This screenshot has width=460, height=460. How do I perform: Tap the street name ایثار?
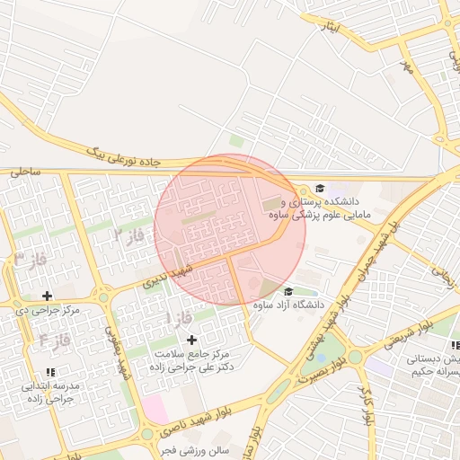(331, 27)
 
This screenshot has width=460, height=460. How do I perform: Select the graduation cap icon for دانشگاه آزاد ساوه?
(287, 291)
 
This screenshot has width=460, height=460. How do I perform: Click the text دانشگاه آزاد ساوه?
(285, 305)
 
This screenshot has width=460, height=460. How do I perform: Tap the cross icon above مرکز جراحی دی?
(47, 296)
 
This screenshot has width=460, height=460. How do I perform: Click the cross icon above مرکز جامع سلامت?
(190, 340)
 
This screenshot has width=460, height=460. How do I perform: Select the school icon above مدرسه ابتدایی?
(50, 371)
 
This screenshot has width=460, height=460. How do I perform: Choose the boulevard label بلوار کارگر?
(366, 405)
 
